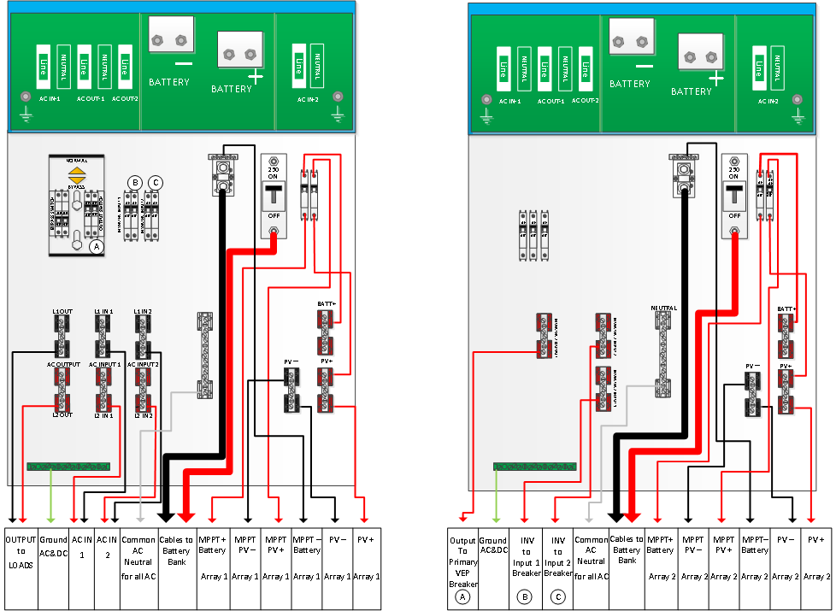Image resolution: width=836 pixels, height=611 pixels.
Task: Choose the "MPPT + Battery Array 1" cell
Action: point(213,555)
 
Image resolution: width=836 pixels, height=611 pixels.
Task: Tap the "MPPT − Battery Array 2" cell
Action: point(755,555)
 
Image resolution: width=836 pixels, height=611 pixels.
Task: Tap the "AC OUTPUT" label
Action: point(63,363)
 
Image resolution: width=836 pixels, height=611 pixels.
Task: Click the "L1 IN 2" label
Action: point(143,311)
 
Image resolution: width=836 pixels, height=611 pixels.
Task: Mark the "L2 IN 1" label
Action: point(103,414)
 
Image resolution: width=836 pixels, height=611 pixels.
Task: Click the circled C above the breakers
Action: point(155,181)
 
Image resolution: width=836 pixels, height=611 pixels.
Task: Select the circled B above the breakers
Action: point(134,181)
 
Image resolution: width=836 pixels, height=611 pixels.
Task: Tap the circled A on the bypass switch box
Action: point(97,246)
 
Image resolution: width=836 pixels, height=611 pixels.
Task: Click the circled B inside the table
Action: point(526,595)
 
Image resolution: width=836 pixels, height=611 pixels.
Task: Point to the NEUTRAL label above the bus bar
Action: point(663,308)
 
